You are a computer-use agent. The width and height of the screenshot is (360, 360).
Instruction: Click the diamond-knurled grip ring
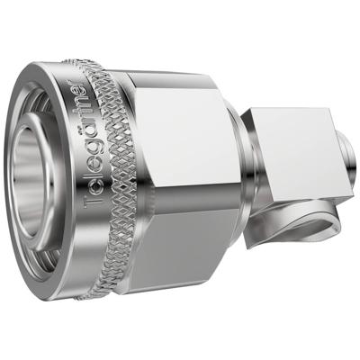point(112,180)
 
